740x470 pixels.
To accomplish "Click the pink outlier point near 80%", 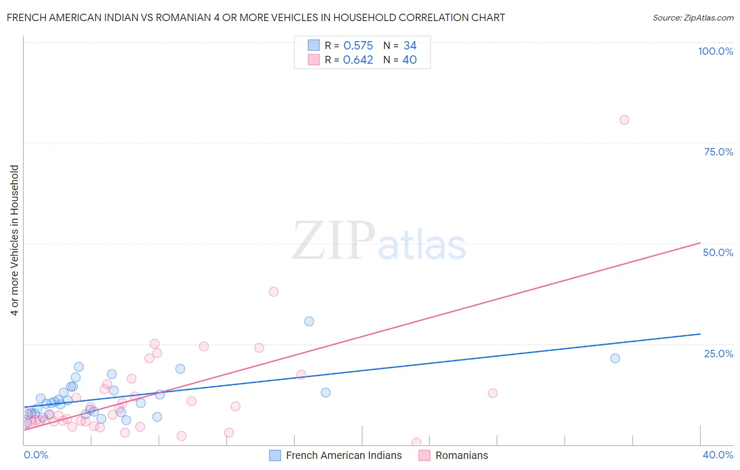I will coord(624,120).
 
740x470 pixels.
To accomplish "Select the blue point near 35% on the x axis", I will coord(615,358).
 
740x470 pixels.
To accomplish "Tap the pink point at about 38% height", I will coord(273,291).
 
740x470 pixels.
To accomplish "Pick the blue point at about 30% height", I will coord(309,321).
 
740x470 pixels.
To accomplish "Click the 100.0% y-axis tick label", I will coord(715,51).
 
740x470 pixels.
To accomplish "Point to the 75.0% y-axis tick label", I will coord(718,152).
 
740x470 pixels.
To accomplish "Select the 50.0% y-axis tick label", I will coord(718,252).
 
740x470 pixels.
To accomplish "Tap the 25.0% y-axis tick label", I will coord(718,353).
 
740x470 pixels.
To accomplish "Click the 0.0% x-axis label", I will coord(36,455).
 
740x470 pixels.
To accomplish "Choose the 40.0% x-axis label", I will coord(718,455).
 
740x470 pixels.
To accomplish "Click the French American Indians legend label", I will coord(344,455).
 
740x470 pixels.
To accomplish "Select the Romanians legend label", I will coord(462,455).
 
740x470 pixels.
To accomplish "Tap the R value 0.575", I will coord(358,45).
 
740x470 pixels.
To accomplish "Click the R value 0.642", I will coord(358,60).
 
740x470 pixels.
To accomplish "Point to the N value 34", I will coord(410,45).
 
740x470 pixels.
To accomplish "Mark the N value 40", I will coord(409,60).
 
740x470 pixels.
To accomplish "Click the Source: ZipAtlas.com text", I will coord(693,17).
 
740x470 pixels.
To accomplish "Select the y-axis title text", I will coord(14,240).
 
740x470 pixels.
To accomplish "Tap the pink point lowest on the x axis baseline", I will coord(416,443).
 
